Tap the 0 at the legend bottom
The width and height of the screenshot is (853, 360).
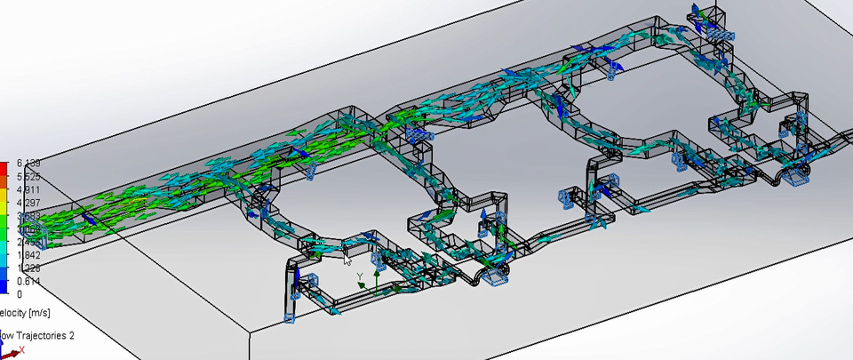coord(20,294)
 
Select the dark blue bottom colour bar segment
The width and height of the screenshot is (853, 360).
coord(4,287)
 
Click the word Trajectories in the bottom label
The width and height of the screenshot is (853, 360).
coord(44,335)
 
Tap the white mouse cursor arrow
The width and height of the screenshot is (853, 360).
coord(347,260)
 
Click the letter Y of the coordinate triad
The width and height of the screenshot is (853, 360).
coord(359,276)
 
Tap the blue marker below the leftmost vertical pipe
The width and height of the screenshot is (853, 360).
coord(289,316)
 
